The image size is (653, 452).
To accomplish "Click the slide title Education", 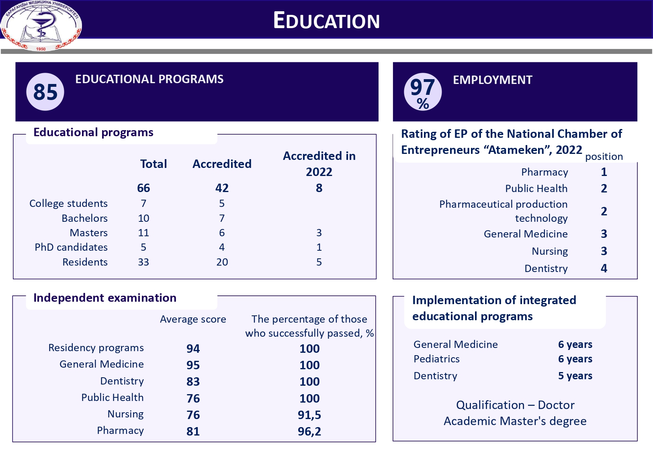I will click(326, 20).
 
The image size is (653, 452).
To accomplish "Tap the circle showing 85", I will click(45, 92).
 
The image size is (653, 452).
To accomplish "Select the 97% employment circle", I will click(422, 92).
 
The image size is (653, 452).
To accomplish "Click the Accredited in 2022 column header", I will click(319, 164).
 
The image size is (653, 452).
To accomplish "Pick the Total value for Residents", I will click(143, 262).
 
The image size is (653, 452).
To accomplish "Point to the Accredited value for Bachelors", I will click(222, 218).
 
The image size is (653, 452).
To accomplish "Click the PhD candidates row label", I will click(71, 247).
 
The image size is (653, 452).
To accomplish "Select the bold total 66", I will click(143, 188).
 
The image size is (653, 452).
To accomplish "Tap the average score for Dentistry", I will click(193, 382).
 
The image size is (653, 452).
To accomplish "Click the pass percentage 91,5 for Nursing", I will click(309, 415).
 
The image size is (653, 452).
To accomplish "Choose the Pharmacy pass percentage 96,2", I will click(309, 432).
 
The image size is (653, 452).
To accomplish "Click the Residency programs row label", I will click(96, 348).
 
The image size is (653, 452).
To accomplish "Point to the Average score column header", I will click(193, 319).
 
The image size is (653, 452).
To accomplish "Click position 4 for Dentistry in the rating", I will click(604, 268).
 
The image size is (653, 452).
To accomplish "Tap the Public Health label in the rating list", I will click(536, 188).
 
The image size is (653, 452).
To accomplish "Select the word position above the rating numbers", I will click(604, 156).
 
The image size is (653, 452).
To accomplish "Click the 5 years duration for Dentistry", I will click(575, 376).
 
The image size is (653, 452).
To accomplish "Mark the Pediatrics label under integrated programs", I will click(436, 359).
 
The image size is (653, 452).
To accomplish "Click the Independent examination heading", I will click(105, 298).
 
